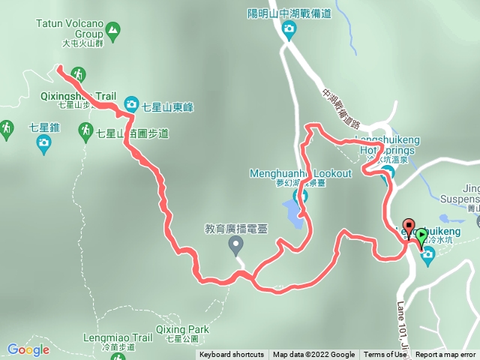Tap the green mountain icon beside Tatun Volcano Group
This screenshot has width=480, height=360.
click(x=112, y=31)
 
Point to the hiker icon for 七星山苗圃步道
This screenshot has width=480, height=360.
click(x=86, y=133)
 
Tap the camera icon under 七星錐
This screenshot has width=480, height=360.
click(x=43, y=141)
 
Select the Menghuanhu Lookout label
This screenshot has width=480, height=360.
click(x=300, y=174)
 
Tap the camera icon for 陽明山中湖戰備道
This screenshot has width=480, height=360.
click(x=289, y=29)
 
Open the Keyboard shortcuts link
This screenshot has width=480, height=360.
click(x=232, y=355)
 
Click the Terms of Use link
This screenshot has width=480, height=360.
click(x=385, y=355)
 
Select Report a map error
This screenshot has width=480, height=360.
click(x=445, y=355)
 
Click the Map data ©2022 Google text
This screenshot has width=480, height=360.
click(x=313, y=355)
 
